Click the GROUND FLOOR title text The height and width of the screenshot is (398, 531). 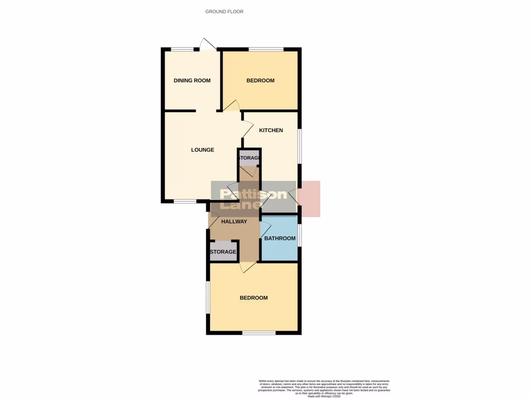[224, 11]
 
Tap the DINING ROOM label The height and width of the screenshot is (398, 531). [192, 80]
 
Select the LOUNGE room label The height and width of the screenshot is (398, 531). [202, 150]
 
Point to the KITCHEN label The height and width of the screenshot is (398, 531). [271, 130]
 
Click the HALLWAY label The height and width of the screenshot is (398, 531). [234, 221]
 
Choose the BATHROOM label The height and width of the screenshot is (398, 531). [280, 238]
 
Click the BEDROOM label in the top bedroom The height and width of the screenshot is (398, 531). [260, 80]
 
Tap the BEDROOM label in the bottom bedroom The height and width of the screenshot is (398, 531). [254, 297]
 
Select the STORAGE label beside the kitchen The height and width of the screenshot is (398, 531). [249, 158]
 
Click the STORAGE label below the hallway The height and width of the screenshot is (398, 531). [223, 252]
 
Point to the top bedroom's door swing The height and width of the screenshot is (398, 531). [231, 105]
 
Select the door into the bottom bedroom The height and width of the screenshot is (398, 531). [247, 267]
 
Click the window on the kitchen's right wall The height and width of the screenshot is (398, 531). [299, 146]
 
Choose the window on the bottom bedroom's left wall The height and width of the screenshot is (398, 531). [207, 297]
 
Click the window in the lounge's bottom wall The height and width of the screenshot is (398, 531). [184, 201]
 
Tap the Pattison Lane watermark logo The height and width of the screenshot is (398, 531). [254, 199]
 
